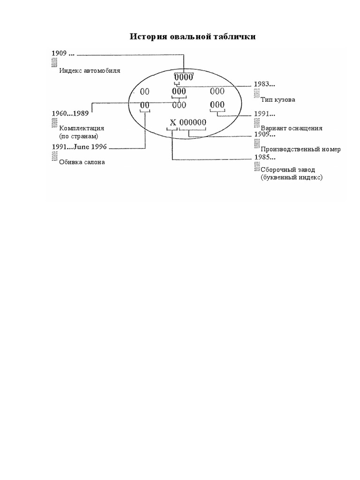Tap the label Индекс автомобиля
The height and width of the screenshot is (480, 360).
coord(90,71)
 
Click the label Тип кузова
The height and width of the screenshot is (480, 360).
coord(278,100)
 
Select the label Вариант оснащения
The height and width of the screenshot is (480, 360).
coord(291,128)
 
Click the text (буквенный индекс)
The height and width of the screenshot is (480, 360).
coord(292,178)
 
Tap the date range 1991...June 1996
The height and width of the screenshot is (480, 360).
coord(79,147)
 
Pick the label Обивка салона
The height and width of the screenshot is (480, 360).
coord(82,162)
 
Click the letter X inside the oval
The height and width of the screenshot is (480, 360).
coord(172,123)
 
